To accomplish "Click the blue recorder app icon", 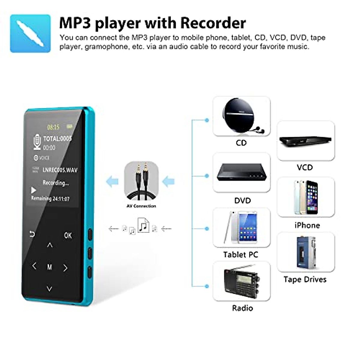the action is (30, 33).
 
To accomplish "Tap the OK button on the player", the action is (68, 235).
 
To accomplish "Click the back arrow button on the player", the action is (32, 234).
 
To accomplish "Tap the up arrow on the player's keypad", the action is (50, 245).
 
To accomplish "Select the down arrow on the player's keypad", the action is (49, 289).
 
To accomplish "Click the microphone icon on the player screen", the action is (37, 142).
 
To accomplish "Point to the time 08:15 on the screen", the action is (53, 127).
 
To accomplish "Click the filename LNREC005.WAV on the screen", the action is (60, 170).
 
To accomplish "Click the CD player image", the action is (241, 116).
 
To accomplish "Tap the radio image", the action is (241, 281).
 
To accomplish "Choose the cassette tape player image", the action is (305, 252).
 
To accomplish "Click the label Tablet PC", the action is (241, 255).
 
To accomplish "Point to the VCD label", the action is (305, 167).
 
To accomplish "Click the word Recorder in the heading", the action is (213, 23).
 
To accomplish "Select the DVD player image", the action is (241, 172).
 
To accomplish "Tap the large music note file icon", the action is (143, 225).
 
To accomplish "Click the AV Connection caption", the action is (141, 206).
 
